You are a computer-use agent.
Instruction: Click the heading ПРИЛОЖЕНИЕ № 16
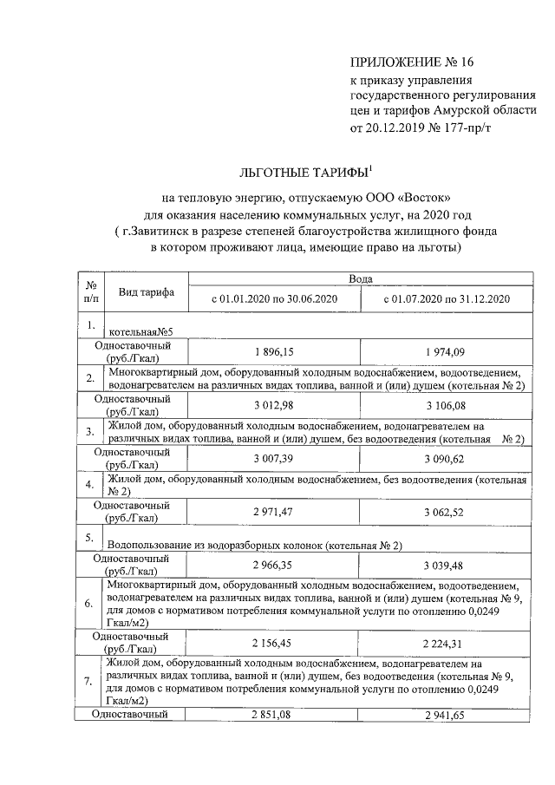[x=413, y=62]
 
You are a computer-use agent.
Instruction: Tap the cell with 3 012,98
[x=274, y=405]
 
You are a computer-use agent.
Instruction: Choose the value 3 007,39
[x=274, y=457]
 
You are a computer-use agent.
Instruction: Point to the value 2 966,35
[x=274, y=565]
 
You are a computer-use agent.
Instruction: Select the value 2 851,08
[x=274, y=715]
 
